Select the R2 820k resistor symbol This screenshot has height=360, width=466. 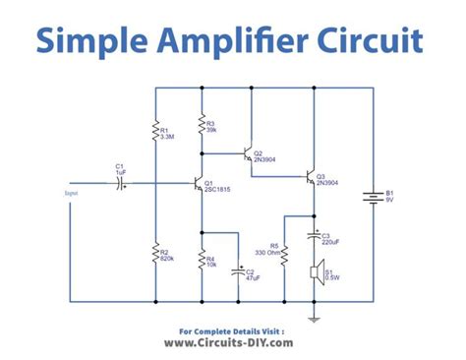[156, 255]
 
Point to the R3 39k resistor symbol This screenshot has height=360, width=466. [201, 126]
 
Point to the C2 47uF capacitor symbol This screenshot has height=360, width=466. [237, 270]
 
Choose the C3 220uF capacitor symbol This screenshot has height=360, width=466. [315, 237]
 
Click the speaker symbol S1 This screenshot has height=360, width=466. [316, 270]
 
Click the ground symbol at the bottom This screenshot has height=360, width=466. [315, 317]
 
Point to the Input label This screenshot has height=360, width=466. [71, 194]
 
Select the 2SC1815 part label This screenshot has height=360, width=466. [218, 190]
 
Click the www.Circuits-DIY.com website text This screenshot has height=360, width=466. [233, 345]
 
